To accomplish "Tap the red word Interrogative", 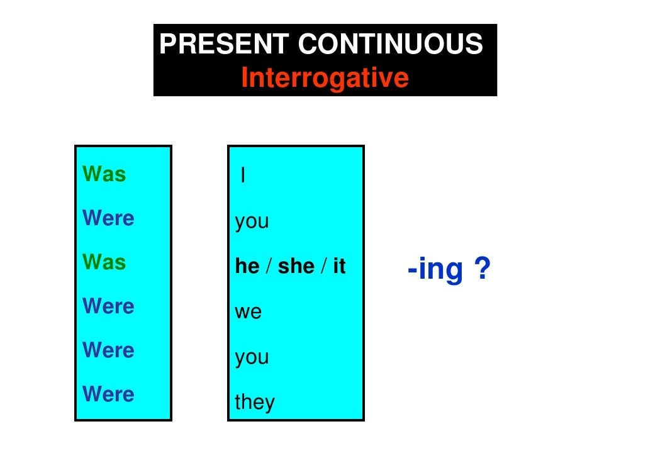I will (x=325, y=79).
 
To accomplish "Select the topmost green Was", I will (x=104, y=174).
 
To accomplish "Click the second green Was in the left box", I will (x=104, y=262).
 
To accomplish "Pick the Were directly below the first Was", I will (x=108, y=218).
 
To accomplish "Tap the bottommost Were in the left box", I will (x=108, y=394).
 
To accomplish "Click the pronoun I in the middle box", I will (x=243, y=177).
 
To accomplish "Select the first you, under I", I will (x=252, y=222).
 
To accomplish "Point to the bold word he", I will (x=247, y=267).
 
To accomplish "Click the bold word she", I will (x=296, y=267).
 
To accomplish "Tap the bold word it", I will (x=339, y=267).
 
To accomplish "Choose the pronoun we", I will (x=248, y=313).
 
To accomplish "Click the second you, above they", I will (x=252, y=358).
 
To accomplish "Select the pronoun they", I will (x=255, y=402).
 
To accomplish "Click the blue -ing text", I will (x=435, y=271).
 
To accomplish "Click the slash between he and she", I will (x=269, y=267).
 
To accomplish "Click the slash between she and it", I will (x=323, y=267).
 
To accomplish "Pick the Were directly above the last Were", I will (x=108, y=350).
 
